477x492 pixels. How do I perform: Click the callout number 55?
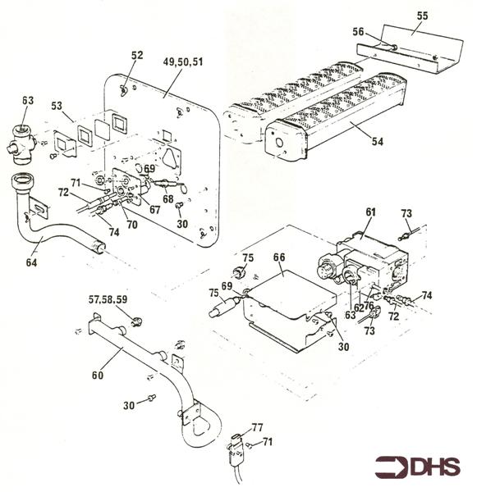point(422,16)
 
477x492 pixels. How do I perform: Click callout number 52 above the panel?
point(136,56)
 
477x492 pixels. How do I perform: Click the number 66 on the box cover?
point(279,257)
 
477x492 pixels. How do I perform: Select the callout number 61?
point(369,213)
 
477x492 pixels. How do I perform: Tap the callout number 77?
point(258,427)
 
